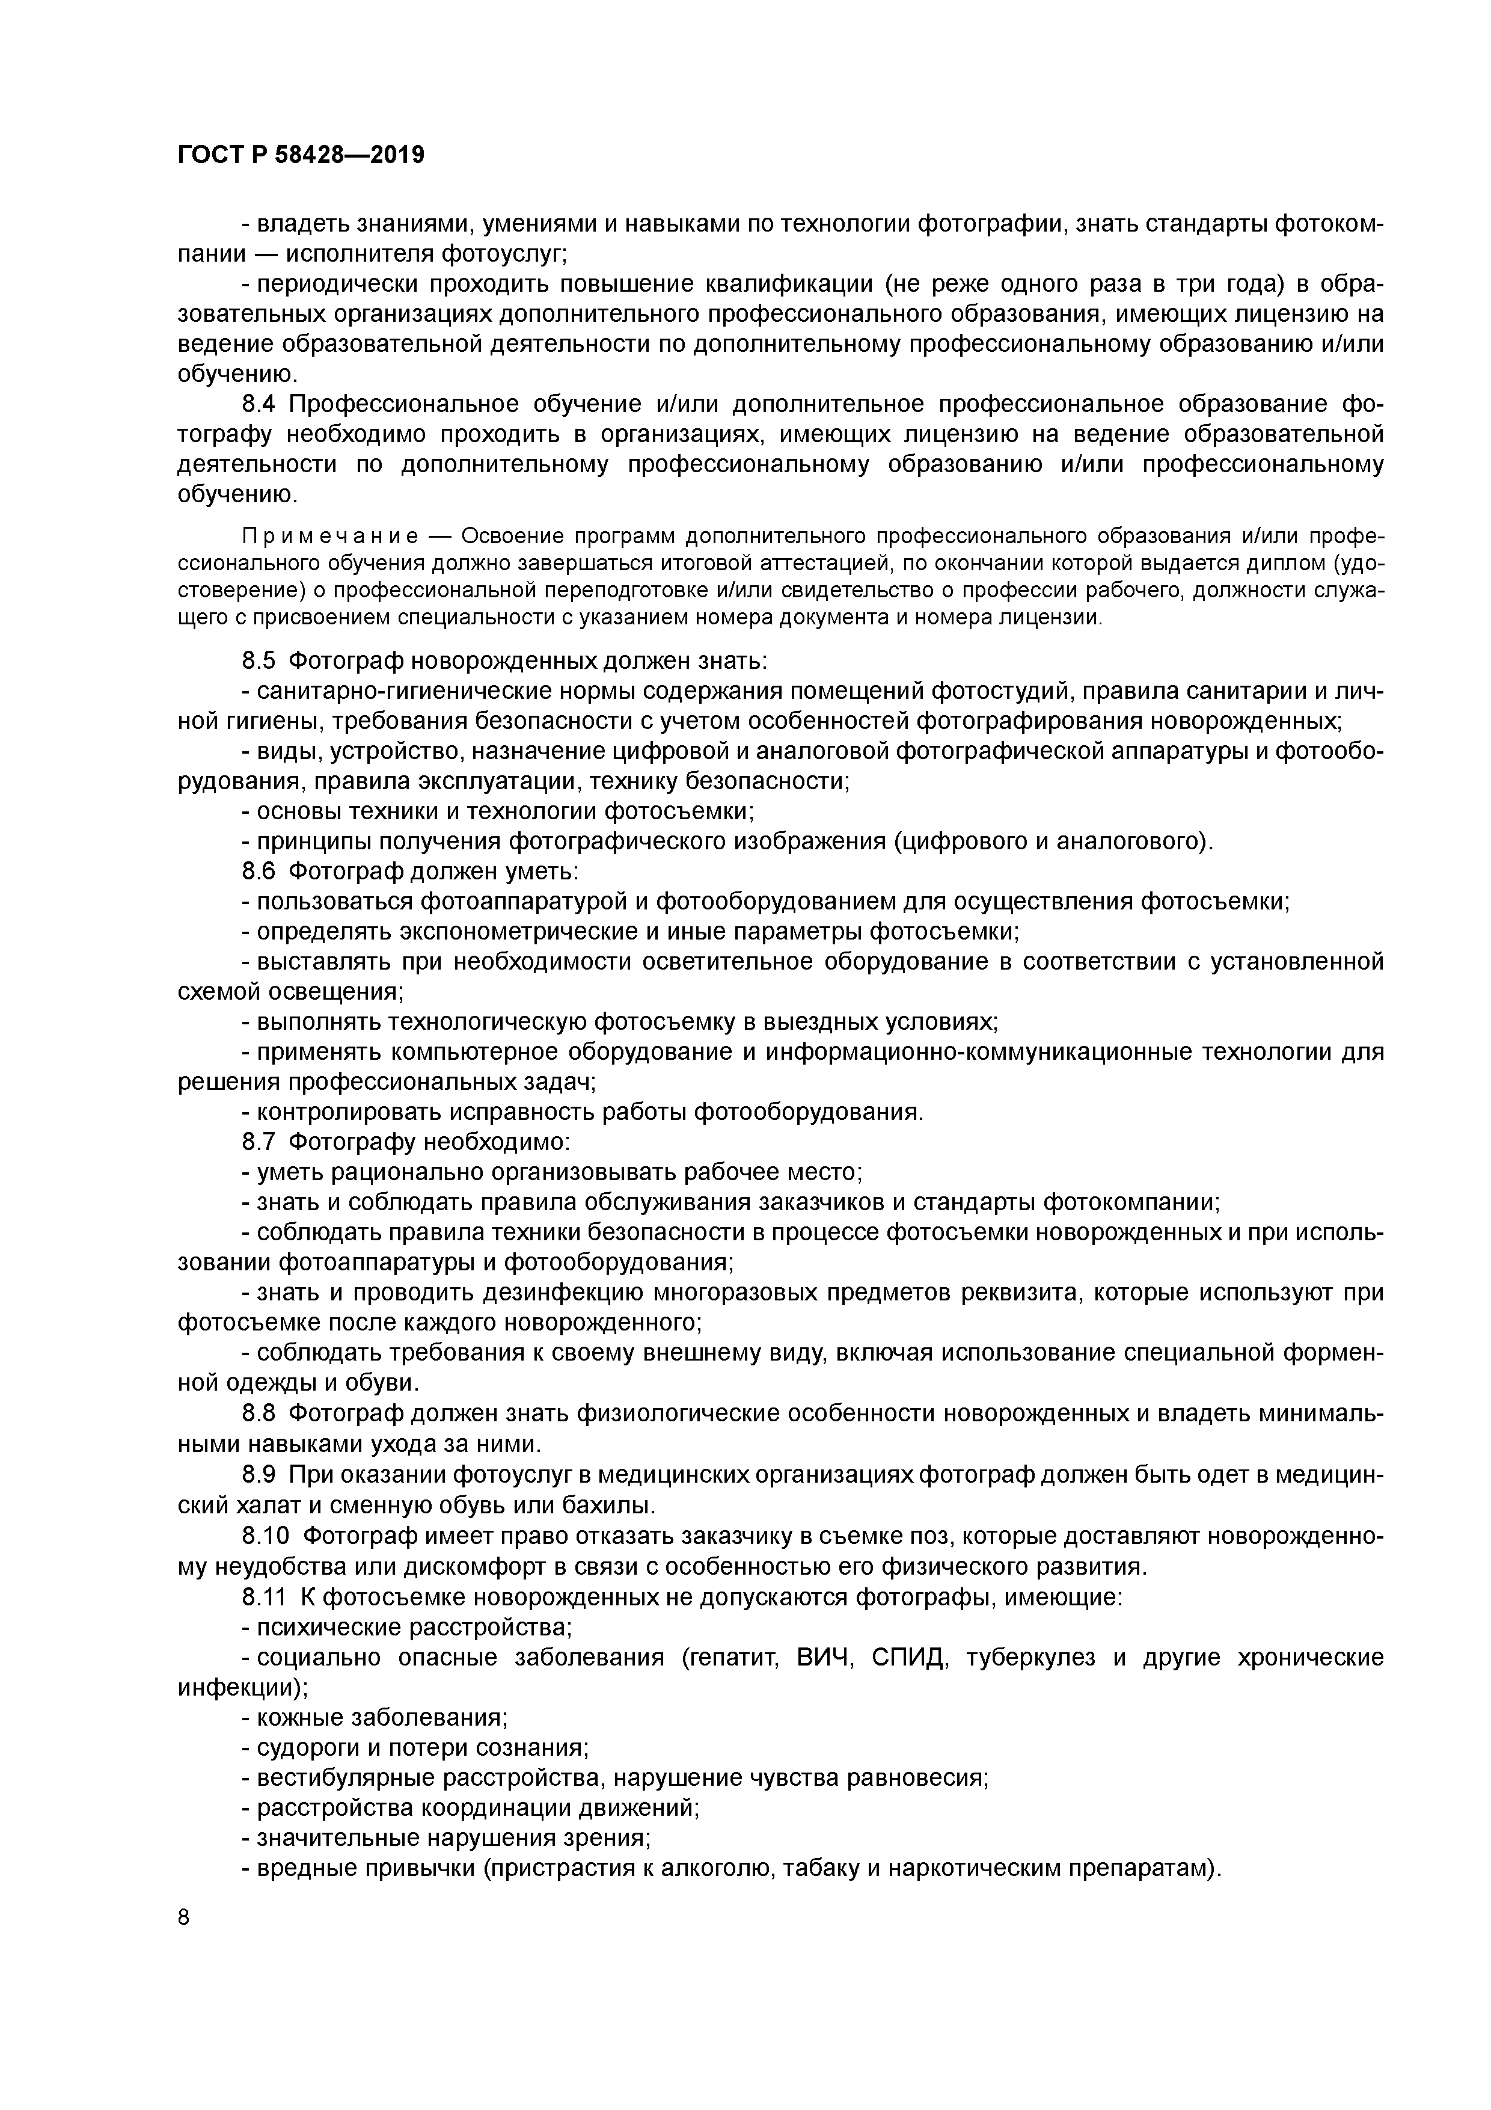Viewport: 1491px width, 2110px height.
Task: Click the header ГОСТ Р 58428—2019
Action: pos(301,155)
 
